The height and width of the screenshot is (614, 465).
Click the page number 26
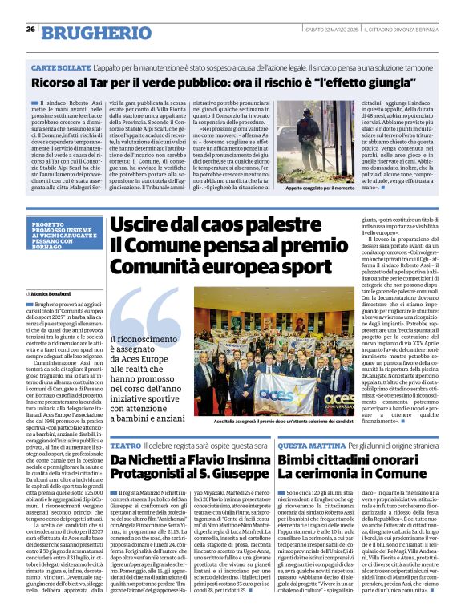(x=30, y=30)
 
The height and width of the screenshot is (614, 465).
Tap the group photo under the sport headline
(x=273, y=366)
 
